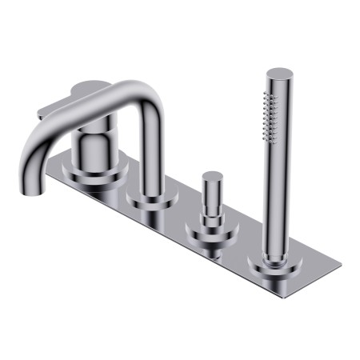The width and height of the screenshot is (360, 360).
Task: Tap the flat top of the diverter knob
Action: click(x=213, y=175)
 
